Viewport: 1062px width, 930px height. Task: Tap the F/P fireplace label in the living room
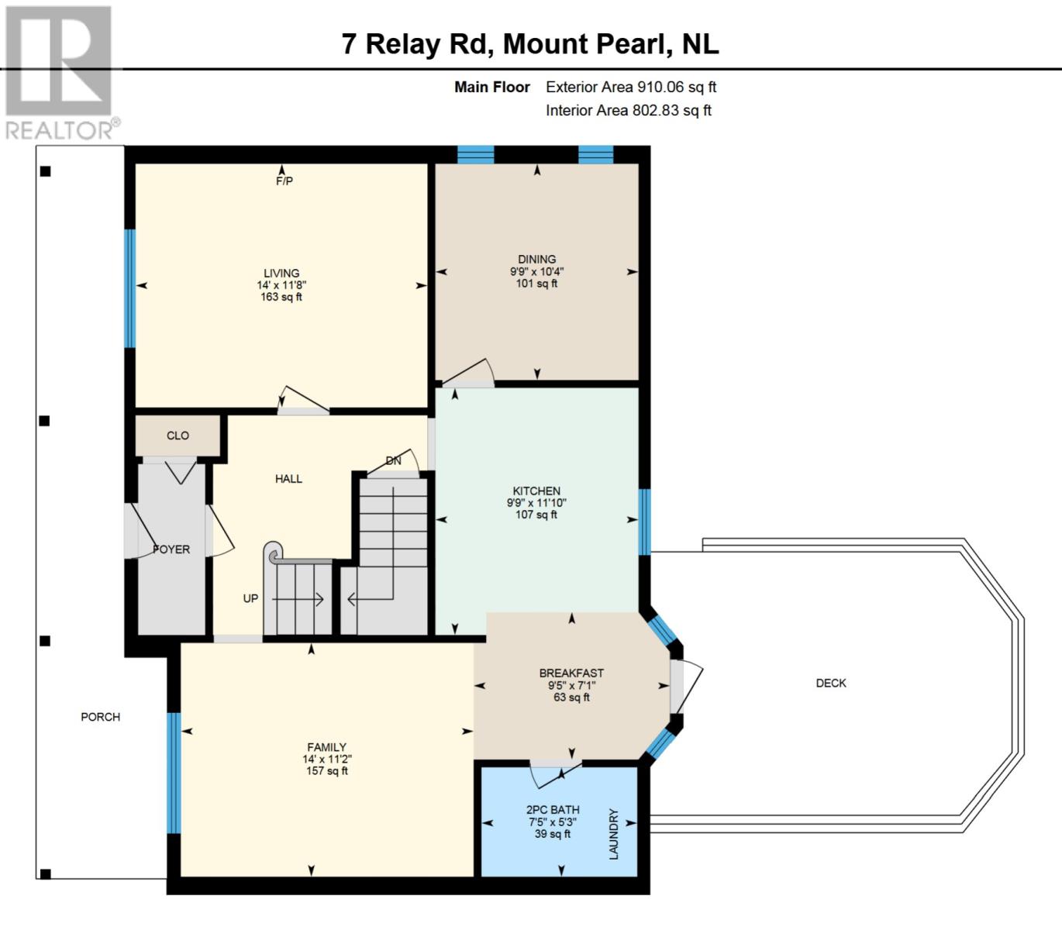[284, 181]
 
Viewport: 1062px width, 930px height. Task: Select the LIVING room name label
[281, 273]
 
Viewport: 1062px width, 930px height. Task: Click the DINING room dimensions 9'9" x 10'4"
[536, 271]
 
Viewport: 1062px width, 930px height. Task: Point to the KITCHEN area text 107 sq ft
[536, 515]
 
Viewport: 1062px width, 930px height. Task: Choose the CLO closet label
[178, 436]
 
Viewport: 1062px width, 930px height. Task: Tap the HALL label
[288, 478]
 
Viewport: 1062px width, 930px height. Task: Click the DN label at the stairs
[394, 460]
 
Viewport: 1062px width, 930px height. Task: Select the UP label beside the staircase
[250, 598]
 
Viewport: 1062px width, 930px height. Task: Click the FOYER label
[171, 549]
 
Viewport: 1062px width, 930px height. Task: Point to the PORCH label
[101, 717]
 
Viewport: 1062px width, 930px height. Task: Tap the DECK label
[831, 683]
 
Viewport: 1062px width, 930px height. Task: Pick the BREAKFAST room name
[571, 673]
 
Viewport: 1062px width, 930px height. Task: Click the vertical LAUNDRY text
[614, 834]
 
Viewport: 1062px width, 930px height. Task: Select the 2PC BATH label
[553, 810]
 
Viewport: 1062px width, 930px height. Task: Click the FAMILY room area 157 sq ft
[327, 770]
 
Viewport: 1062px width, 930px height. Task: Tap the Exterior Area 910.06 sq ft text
[631, 87]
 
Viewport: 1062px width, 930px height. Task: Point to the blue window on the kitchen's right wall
[644, 522]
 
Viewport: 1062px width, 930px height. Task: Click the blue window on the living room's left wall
[129, 288]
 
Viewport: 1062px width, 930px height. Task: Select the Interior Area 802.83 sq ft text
[629, 110]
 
